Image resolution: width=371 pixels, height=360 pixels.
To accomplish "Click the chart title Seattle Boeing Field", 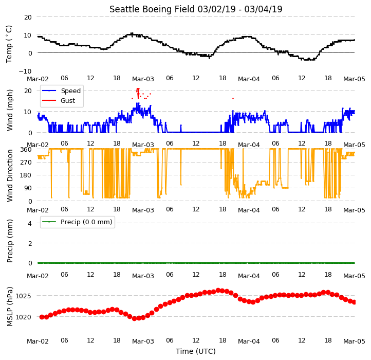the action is pyautogui.click(x=152, y=9).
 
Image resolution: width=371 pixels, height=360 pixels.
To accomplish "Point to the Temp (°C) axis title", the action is pyautogui.click(x=9, y=44).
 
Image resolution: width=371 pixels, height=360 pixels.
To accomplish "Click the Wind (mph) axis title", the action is pyautogui.click(x=9, y=110).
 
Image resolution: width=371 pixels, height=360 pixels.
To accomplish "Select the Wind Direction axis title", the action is pyautogui.click(x=9, y=175).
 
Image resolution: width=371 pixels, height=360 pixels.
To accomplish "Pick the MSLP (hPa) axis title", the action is pyautogui.click(x=9, y=307).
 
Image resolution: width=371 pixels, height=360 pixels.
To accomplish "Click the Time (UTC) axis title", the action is pyautogui.click(x=196, y=351).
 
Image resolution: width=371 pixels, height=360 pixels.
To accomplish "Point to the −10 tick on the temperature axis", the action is pyautogui.click(x=25, y=71).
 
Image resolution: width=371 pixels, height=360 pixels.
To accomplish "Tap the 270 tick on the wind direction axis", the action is pyautogui.click(x=26, y=162).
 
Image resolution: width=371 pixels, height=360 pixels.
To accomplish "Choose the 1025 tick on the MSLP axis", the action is pyautogui.click(x=23, y=296).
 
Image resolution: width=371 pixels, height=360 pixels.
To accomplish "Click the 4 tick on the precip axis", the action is pyautogui.click(x=30, y=223).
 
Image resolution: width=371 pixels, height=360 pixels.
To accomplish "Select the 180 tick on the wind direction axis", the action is pyautogui.click(x=26, y=175).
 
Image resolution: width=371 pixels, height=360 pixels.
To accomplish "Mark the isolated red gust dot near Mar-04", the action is pyautogui.click(x=233, y=98).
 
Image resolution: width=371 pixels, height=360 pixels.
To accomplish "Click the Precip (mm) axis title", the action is pyautogui.click(x=9, y=241).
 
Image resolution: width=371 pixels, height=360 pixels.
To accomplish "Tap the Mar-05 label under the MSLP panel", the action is pyautogui.click(x=354, y=341).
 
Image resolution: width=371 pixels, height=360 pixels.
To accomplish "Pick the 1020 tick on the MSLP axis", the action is pyautogui.click(x=23, y=317).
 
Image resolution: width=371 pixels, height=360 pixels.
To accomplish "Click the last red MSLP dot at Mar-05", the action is pyautogui.click(x=354, y=302).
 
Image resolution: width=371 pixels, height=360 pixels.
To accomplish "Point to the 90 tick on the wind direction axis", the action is pyautogui.click(x=28, y=188).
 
